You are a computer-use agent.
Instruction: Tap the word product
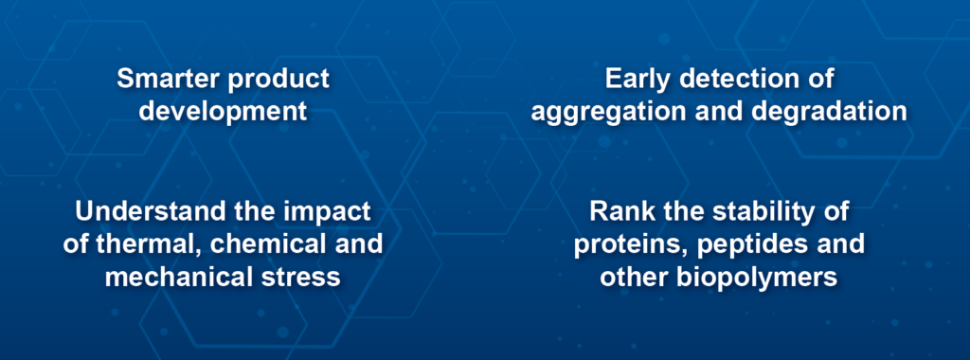[283, 80]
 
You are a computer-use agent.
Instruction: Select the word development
[224, 111]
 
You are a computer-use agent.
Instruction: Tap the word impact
[323, 211]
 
